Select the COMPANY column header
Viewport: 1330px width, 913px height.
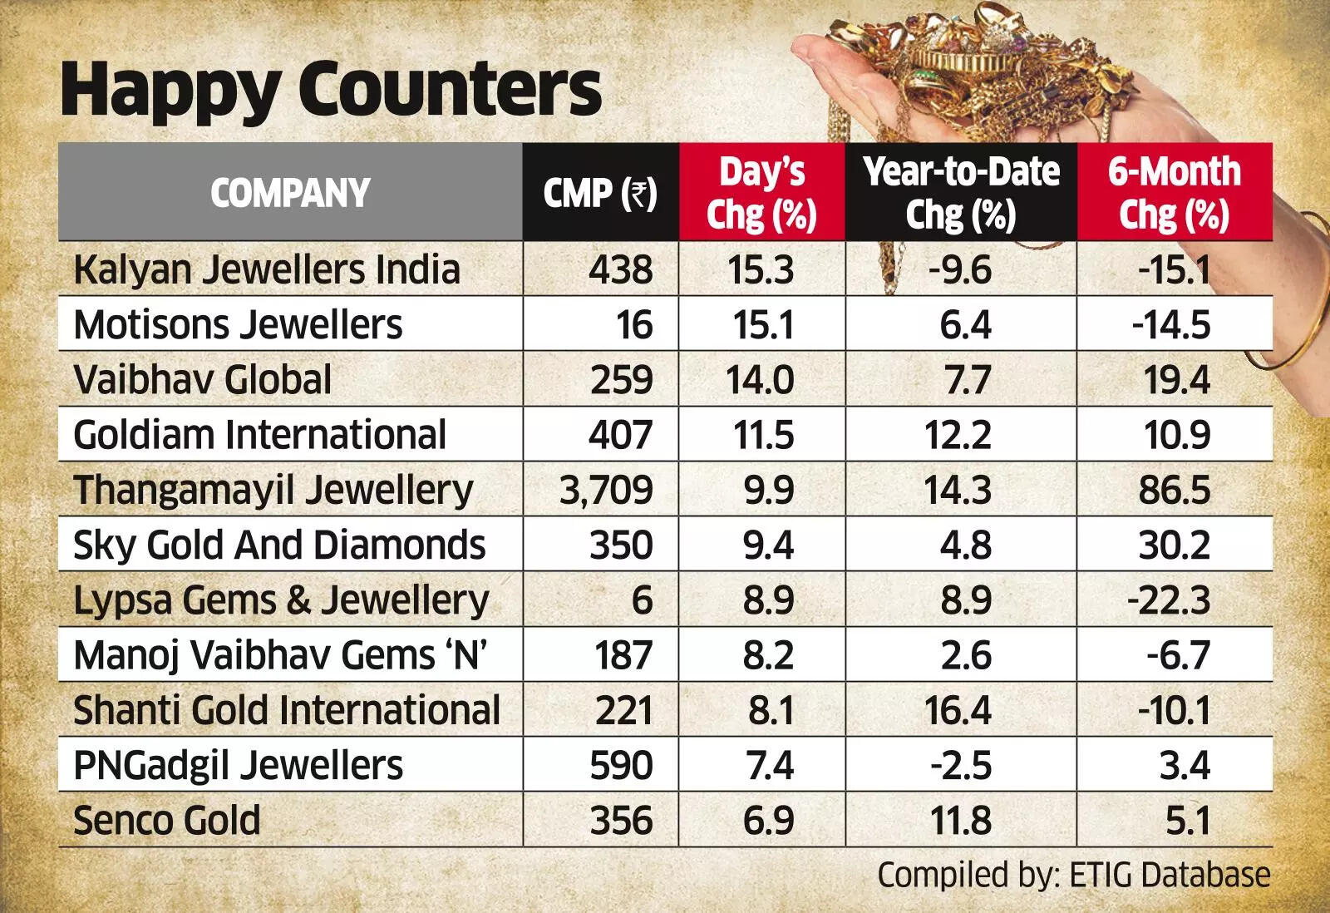(x=289, y=193)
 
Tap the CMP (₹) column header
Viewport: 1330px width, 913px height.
(x=600, y=193)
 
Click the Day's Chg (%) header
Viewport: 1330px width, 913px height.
(x=761, y=193)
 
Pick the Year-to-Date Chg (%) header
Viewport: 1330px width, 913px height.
(x=961, y=193)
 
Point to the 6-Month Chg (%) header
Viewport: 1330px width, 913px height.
(x=1174, y=193)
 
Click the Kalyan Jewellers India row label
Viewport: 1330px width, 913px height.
(x=266, y=270)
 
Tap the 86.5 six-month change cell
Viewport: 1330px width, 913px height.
(x=1175, y=490)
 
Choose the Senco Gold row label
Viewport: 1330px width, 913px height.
(x=166, y=821)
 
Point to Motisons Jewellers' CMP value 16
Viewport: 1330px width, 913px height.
(x=634, y=325)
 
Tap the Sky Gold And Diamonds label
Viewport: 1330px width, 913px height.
(x=278, y=545)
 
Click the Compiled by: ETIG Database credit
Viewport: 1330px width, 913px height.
(x=1073, y=876)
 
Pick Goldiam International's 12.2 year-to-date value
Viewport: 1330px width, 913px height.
(x=957, y=435)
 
